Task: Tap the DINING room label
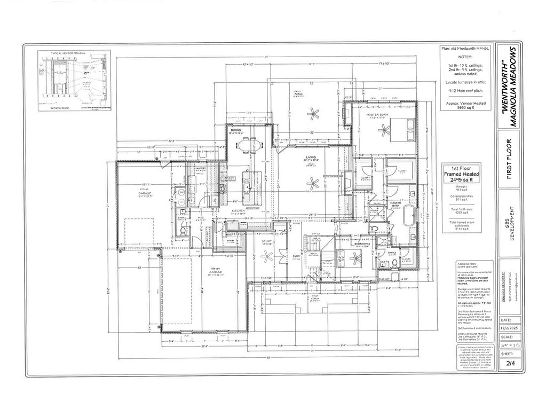(235, 130)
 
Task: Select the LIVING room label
(310, 157)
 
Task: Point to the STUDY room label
(268, 241)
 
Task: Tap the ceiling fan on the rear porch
(312, 113)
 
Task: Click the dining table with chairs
(246, 145)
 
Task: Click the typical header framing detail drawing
(74, 81)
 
